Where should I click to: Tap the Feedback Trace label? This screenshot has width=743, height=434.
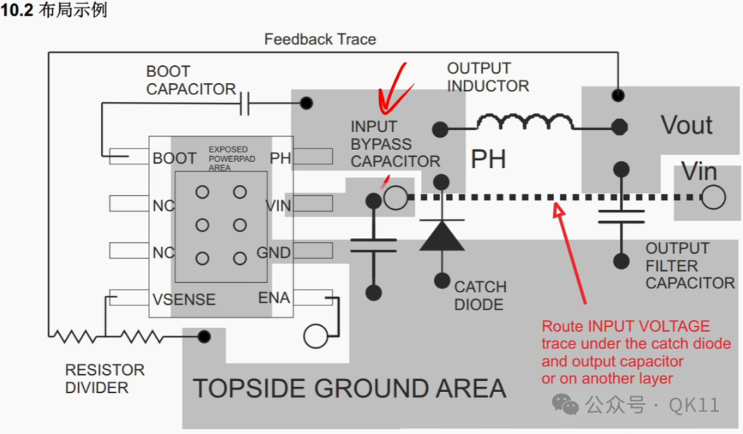(320, 39)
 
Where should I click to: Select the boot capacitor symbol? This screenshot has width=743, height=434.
(244, 103)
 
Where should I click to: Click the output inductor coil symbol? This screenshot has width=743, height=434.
(524, 121)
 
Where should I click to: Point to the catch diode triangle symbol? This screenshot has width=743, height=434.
(442, 235)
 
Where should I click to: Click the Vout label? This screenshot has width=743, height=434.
(687, 125)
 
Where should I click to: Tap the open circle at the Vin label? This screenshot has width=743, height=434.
(713, 197)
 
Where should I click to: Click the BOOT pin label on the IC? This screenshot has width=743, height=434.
(174, 158)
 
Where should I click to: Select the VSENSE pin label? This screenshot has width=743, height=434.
(184, 299)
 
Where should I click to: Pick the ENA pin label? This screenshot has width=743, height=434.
(274, 298)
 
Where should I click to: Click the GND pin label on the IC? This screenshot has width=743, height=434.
(273, 252)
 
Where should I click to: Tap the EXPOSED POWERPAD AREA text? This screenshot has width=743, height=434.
(232, 159)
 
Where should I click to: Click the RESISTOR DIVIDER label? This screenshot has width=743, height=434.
(105, 378)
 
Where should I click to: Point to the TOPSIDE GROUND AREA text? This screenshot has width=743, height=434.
(349, 389)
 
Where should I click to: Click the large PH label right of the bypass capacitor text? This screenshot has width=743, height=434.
(488, 159)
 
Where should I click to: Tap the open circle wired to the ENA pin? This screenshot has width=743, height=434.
(316, 336)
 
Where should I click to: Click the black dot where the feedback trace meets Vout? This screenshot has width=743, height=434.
(618, 95)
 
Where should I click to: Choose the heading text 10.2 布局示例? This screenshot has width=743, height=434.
(54, 10)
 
